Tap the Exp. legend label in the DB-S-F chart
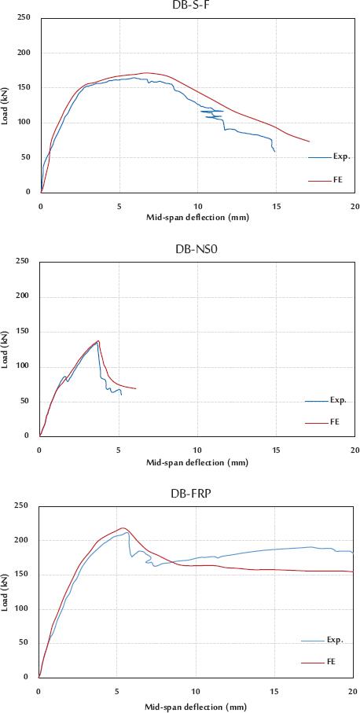coord(341,157)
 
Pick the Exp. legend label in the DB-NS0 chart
coord(338,400)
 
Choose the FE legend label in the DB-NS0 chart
coord(334,422)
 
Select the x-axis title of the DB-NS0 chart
coord(197,461)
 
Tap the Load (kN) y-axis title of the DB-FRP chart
coord(6,591)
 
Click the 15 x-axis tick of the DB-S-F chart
coord(275,207)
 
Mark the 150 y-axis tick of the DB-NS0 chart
coord(24,331)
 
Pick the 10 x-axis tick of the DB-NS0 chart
coord(197,450)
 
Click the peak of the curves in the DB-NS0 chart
coord(98,340)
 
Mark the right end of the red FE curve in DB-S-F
coord(309,141)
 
